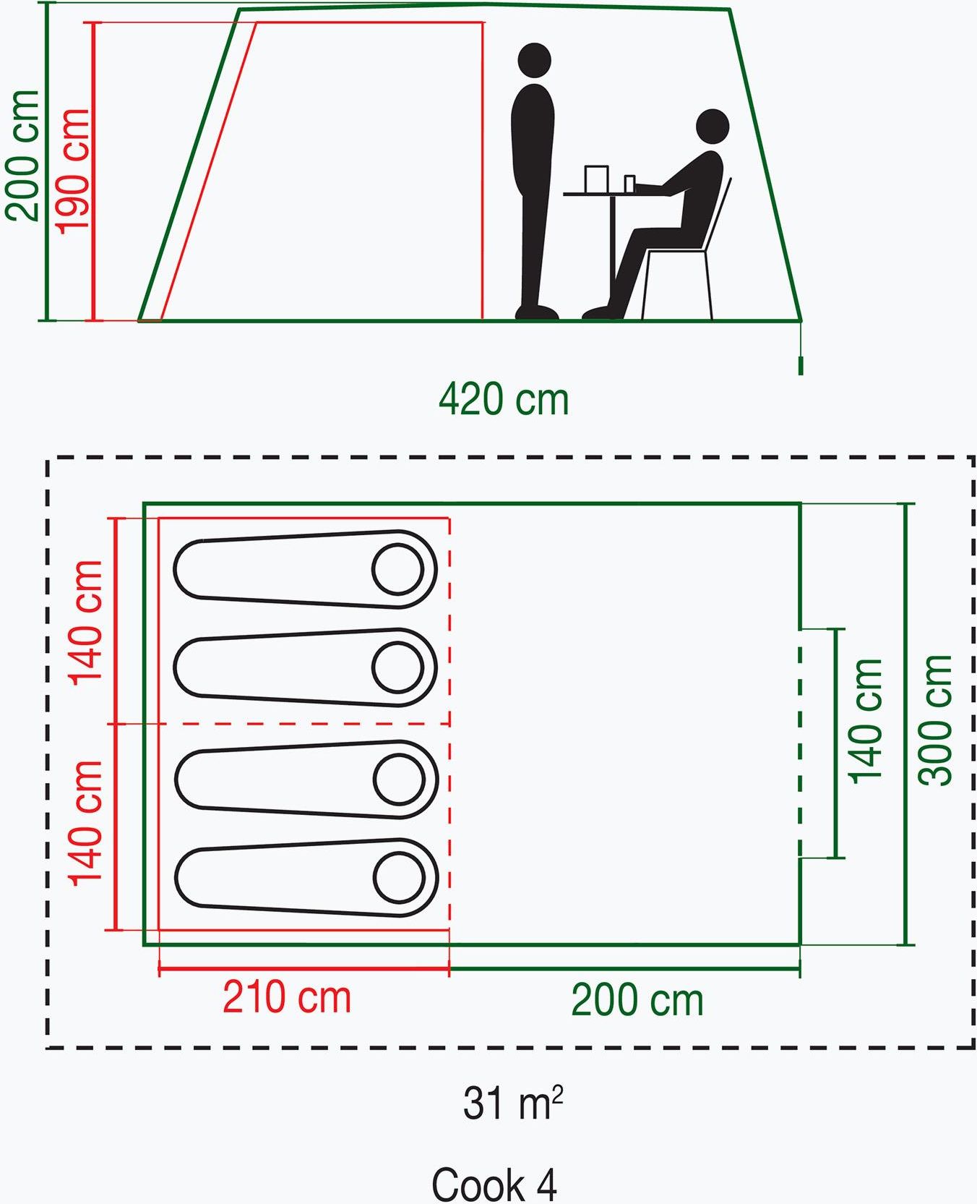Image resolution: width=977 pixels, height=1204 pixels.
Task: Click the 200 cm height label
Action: coord(22,155)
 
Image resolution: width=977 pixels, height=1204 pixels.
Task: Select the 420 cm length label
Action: coord(504,399)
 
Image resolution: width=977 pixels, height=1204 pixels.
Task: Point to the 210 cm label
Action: coord(287,997)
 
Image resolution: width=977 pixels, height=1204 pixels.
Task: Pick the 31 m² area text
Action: coord(512,1103)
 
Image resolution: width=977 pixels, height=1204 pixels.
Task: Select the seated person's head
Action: coord(713,126)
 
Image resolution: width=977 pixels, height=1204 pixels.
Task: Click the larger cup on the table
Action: coord(596,179)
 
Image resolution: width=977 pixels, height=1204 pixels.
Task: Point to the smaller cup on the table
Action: coord(629,184)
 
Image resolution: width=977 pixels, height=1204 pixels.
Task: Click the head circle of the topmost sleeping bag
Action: coord(397,569)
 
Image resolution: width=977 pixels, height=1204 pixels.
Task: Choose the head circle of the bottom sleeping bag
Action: coord(399,878)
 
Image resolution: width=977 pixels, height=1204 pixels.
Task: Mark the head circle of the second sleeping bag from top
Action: coord(397,667)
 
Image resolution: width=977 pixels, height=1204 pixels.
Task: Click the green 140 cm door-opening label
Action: coord(866,721)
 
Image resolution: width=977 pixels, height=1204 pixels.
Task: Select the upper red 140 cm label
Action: coord(86,622)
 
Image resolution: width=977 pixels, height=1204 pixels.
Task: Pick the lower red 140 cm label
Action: coord(86,822)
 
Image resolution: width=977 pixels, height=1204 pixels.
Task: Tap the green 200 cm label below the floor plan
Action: coord(637,1000)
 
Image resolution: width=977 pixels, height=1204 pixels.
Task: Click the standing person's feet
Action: coord(537,312)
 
